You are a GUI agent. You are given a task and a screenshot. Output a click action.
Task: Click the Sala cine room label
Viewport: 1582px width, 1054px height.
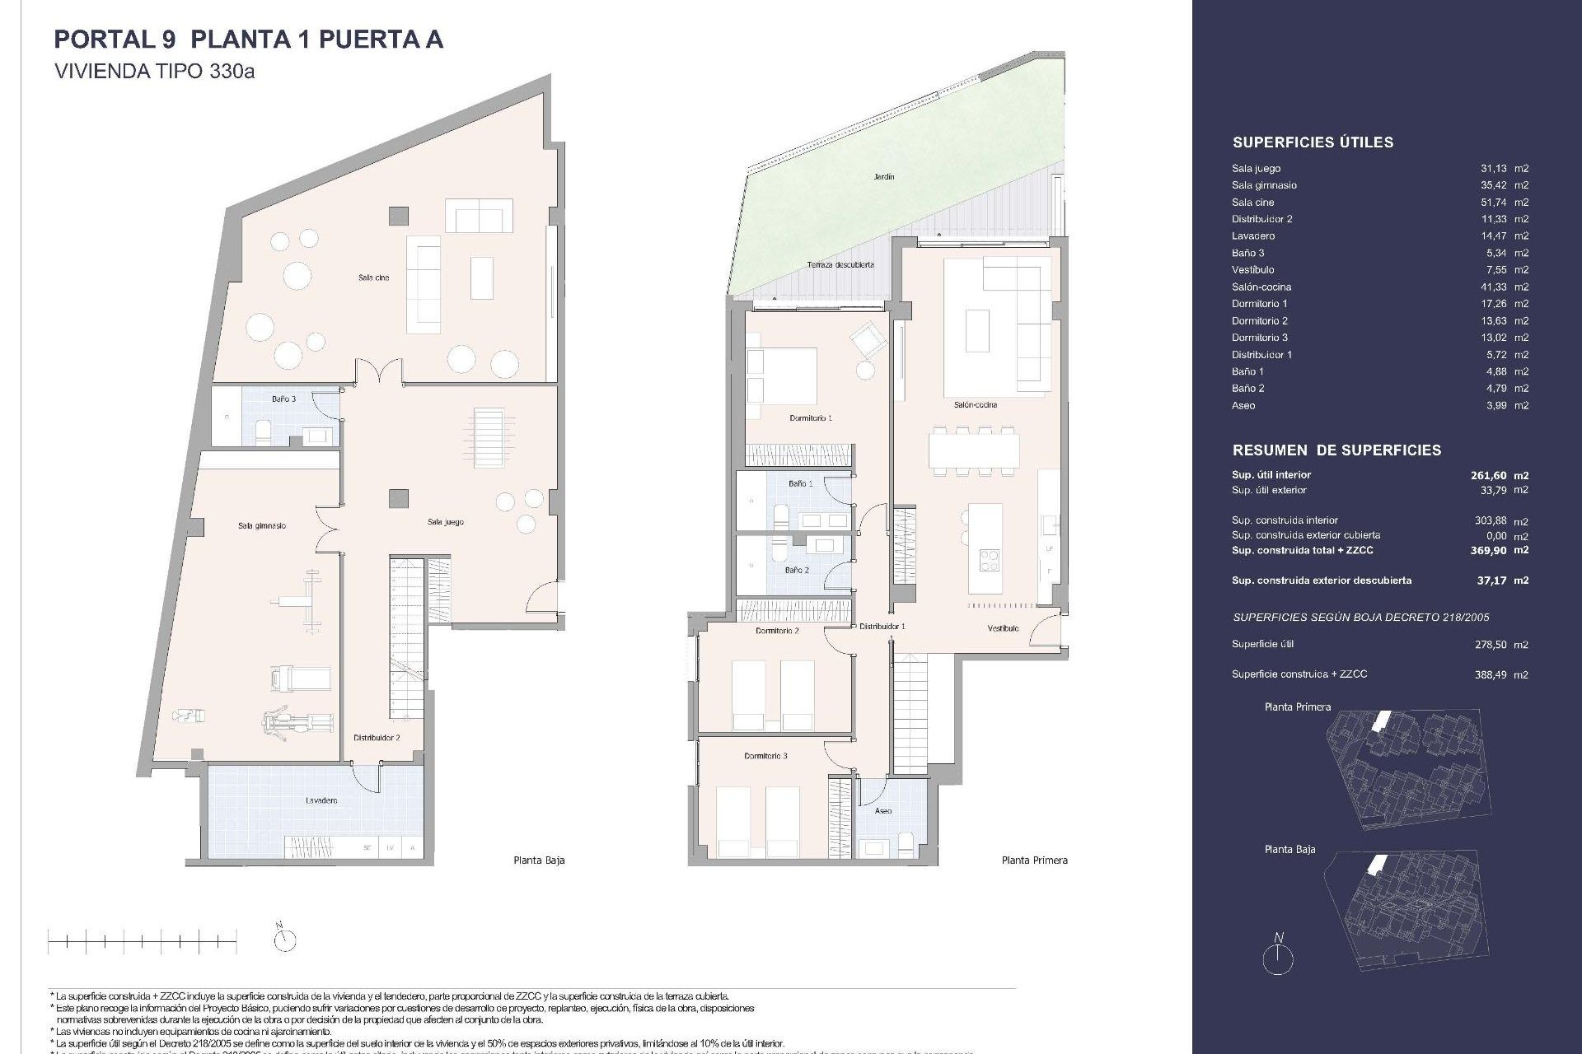click(373, 278)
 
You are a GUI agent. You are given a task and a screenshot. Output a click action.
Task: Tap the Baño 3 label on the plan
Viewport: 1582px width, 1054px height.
click(283, 399)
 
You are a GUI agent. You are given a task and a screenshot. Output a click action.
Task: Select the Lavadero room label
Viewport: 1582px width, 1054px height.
click(321, 800)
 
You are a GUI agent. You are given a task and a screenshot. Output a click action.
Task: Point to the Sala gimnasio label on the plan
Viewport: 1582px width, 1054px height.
click(261, 525)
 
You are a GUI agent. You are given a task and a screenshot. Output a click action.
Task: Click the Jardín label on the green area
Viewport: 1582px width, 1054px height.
click(884, 177)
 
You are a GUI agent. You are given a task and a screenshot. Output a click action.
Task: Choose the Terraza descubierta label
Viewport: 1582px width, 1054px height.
click(840, 265)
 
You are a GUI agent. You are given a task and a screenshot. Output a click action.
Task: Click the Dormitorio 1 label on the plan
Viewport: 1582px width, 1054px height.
click(810, 418)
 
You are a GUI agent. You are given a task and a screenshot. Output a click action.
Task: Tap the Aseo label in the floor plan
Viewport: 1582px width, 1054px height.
click(882, 811)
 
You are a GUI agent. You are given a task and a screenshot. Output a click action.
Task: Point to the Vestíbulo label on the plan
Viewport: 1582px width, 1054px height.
click(1003, 629)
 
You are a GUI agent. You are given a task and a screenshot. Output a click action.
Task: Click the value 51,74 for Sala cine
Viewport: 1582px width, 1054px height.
click(1493, 203)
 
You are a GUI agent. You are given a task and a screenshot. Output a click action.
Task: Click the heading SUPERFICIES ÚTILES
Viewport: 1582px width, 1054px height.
click(1313, 142)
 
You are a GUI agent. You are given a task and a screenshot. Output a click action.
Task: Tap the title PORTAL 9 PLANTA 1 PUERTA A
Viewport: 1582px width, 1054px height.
click(248, 40)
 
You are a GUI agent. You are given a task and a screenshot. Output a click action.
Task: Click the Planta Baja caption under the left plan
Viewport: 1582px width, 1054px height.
click(539, 860)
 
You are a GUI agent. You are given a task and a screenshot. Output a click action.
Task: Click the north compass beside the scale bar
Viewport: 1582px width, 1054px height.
click(284, 938)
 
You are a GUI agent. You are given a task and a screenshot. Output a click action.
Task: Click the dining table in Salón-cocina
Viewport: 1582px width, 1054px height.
click(972, 450)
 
